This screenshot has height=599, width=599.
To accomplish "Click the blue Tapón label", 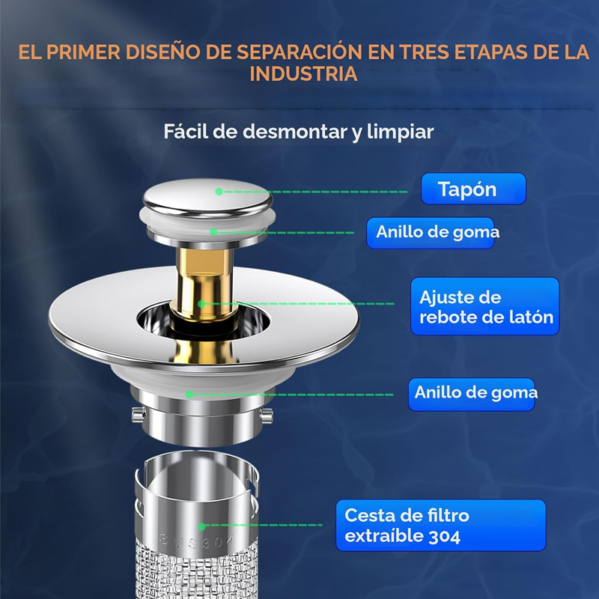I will tap(473, 189).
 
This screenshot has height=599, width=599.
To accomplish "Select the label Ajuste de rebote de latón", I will tap(485, 307).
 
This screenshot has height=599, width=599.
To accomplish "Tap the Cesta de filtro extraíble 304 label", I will tap(440, 526).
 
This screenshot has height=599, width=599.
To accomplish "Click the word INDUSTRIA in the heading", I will tap(302, 75).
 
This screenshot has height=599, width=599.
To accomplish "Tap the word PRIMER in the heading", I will tap(88, 52).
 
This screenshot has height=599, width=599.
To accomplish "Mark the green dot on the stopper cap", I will tap(219, 192).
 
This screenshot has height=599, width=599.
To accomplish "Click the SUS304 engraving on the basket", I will tap(196, 540).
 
